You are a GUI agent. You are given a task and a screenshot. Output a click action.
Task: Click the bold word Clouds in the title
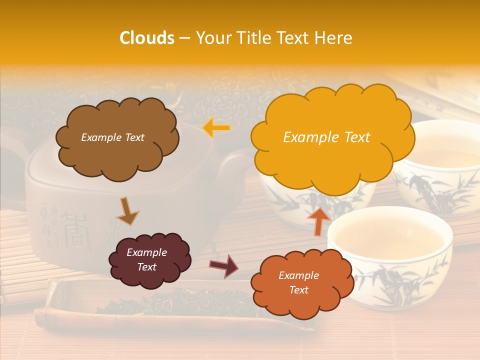click(147, 38)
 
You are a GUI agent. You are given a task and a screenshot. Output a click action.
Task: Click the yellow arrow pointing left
click(216, 128)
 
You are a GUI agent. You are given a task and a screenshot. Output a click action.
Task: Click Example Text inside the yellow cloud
click(326, 137)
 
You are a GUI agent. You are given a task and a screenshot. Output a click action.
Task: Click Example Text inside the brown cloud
click(112, 137)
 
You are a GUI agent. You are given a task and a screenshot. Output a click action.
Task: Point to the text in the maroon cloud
click(146, 260)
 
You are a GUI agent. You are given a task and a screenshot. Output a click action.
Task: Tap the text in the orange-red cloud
click(298, 282)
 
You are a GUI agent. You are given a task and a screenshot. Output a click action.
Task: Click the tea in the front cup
click(387, 237)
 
